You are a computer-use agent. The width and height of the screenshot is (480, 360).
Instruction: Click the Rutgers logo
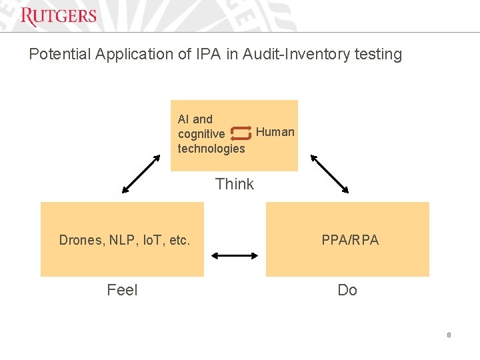click(x=59, y=16)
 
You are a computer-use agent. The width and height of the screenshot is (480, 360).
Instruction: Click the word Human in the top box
click(x=275, y=132)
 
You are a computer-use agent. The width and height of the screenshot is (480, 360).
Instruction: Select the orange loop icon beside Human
click(x=240, y=133)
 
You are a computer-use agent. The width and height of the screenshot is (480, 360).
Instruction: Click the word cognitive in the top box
click(x=201, y=134)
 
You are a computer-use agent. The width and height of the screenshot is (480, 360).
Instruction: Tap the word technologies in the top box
click(x=211, y=149)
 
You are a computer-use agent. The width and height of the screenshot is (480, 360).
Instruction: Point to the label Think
click(x=235, y=184)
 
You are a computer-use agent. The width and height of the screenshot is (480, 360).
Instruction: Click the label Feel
click(x=122, y=290)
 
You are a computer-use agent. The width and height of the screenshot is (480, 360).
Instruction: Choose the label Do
click(x=347, y=290)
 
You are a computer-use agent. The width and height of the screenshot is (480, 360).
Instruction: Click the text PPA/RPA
click(x=350, y=240)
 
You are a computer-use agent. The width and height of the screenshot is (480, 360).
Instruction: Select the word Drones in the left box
click(x=79, y=240)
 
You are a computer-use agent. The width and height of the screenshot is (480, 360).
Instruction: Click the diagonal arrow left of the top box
click(x=142, y=174)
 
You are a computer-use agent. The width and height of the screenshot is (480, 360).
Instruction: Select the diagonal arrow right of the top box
click(x=330, y=174)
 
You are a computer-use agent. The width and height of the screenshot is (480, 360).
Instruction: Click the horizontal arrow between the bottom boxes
click(x=235, y=255)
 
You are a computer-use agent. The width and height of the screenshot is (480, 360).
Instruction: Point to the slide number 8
click(x=449, y=335)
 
